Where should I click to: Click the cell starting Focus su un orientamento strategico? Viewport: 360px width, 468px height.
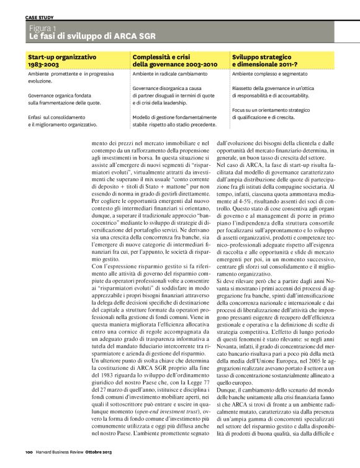[271, 113]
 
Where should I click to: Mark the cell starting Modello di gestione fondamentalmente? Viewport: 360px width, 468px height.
[173, 120]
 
